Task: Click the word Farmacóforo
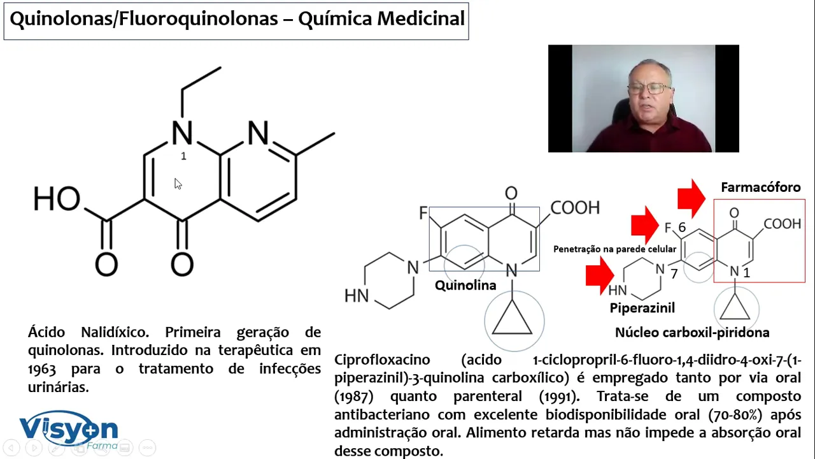760,187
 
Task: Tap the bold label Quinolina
465,285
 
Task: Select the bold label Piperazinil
642,308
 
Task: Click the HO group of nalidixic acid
57,199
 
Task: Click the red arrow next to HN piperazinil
599,275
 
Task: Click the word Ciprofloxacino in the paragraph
382,360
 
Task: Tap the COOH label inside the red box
782,224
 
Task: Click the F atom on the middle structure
423,213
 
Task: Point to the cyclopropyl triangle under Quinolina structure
513,319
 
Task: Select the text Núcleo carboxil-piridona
691,332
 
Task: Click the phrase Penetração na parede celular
614,249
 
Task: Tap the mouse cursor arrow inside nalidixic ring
177,184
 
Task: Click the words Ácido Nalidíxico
88,332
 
